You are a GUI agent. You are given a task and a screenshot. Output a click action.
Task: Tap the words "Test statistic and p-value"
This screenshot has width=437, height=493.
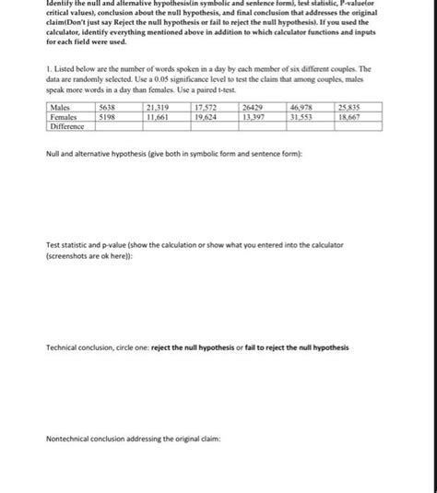point(90,244)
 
